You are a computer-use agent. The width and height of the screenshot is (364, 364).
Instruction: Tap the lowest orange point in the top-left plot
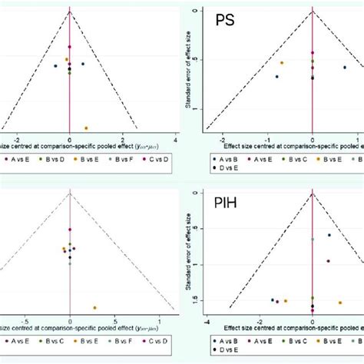pos(86,127)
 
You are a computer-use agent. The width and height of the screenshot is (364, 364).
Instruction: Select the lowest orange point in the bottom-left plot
pos(94,307)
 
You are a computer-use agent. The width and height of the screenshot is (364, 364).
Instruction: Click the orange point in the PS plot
pos(282,62)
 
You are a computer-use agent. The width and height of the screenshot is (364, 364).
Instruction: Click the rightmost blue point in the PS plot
pos(345,68)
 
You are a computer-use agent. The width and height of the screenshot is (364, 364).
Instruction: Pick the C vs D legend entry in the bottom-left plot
pos(157,339)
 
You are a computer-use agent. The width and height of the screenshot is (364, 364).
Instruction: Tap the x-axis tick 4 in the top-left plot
pos(175,139)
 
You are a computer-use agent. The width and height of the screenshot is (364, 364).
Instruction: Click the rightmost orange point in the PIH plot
pos(340,302)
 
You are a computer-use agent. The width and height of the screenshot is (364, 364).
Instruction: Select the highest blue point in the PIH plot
pos(329,235)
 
